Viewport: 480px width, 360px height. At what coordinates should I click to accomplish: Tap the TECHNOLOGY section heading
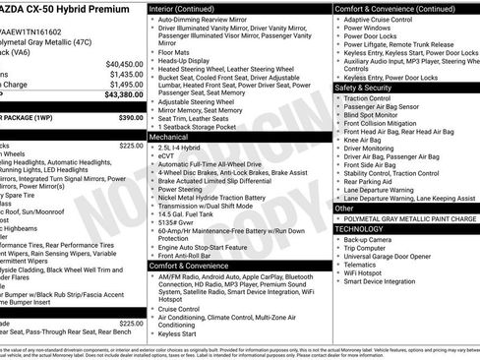pyautogui.click(x=360, y=227)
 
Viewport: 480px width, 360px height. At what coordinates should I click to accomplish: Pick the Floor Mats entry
pyautogui.click(x=179, y=49)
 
